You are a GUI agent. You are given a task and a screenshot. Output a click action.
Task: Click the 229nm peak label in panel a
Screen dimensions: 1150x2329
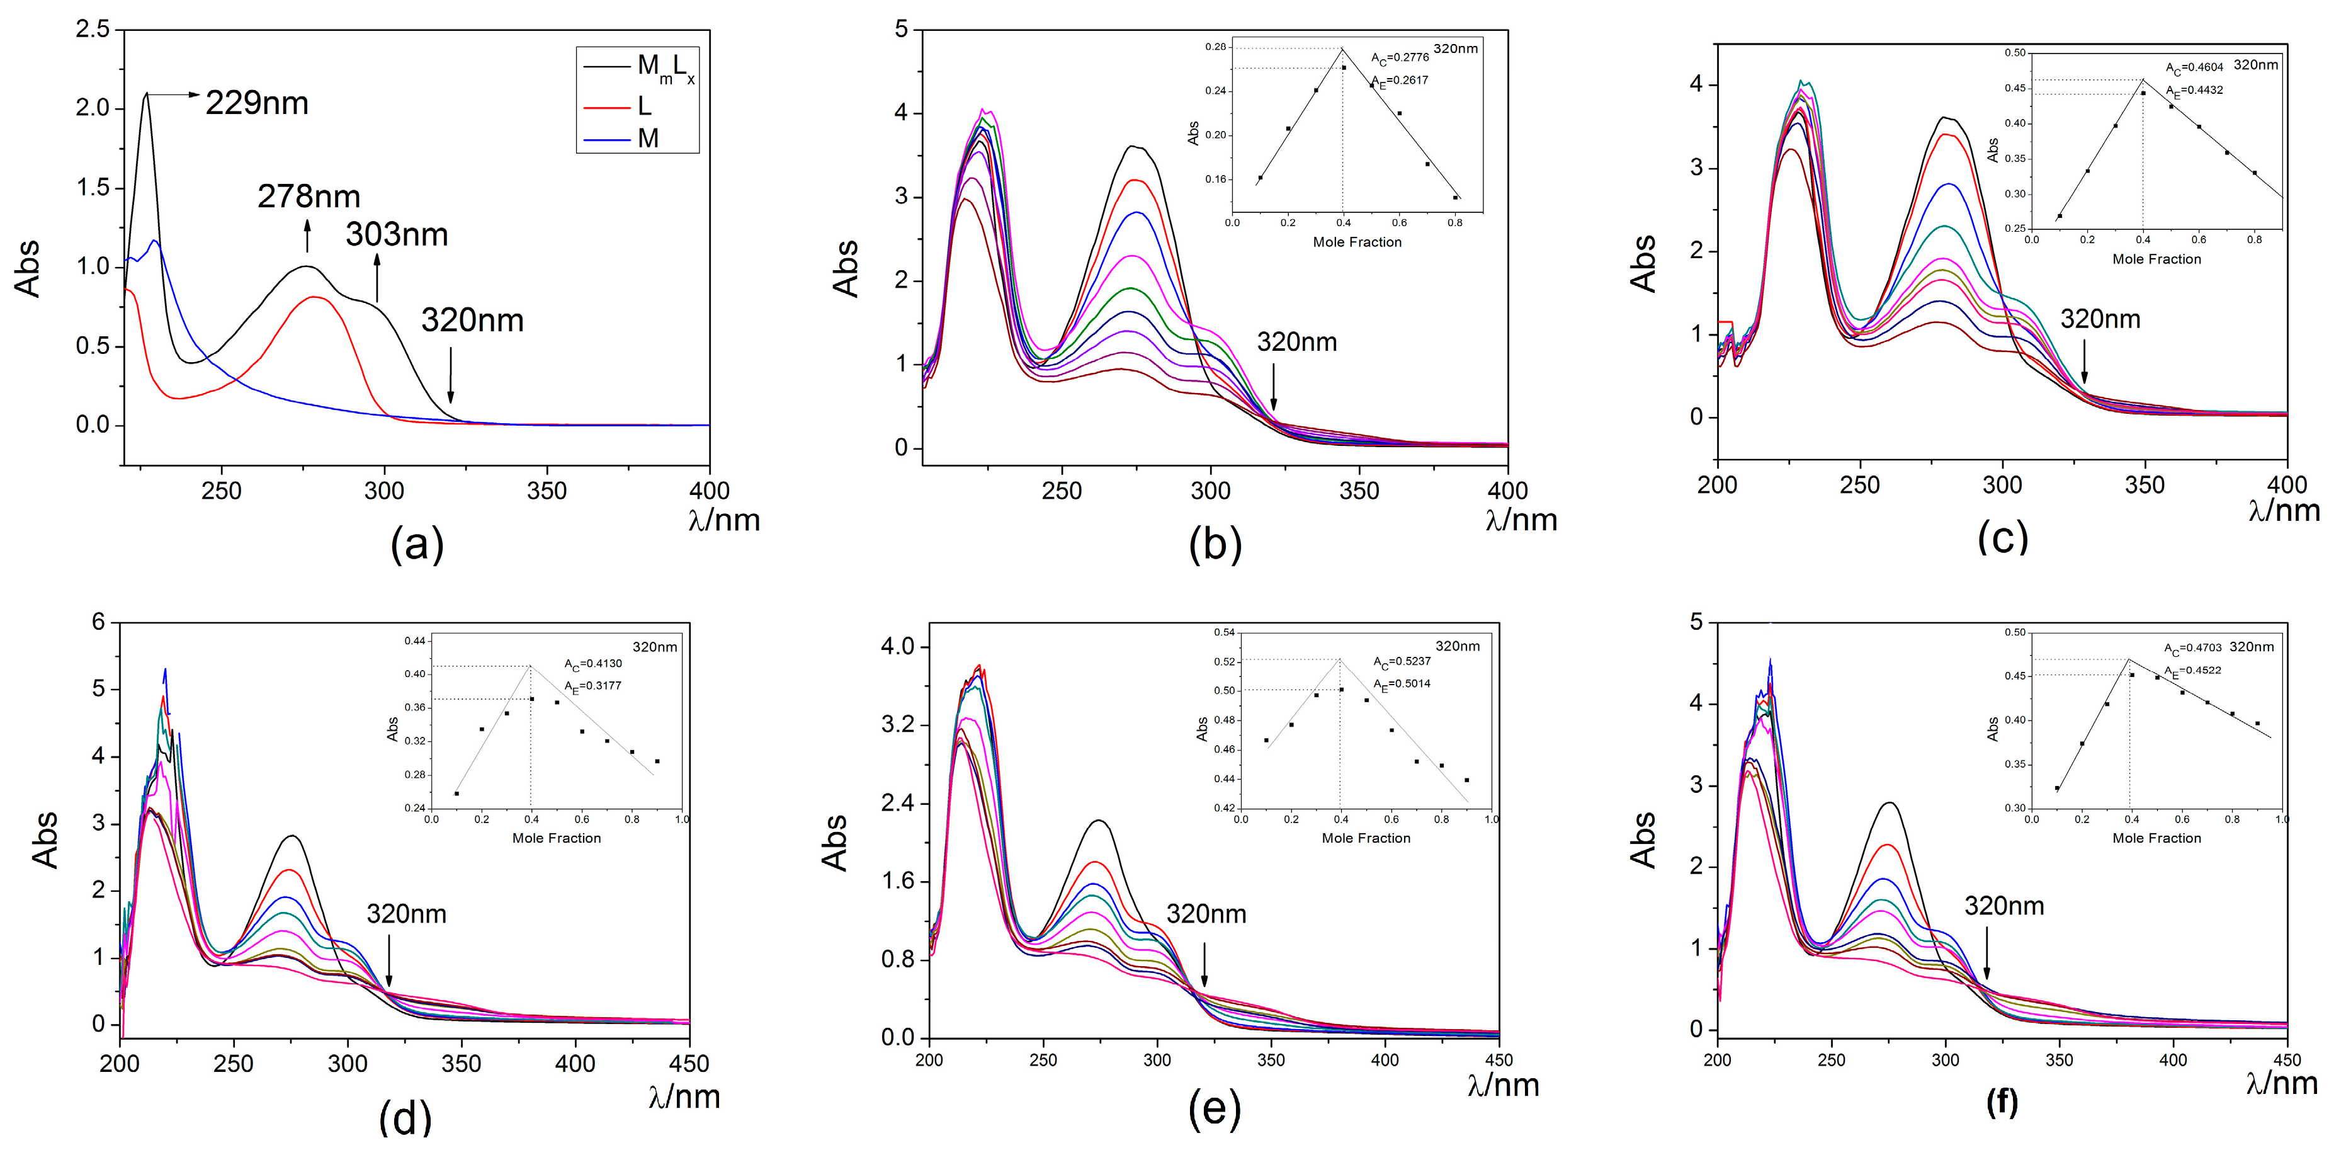(x=257, y=103)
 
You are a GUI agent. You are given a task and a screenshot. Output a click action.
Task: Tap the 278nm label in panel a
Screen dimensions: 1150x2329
(x=309, y=196)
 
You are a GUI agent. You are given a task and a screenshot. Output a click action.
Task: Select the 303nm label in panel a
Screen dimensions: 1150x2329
(x=396, y=234)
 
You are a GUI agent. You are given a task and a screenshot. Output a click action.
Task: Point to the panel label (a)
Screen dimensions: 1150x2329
(x=417, y=544)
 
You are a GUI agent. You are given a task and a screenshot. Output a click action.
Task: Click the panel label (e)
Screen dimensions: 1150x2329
(x=1214, y=1109)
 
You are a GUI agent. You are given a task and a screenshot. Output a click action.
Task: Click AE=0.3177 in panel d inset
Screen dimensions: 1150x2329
(x=593, y=686)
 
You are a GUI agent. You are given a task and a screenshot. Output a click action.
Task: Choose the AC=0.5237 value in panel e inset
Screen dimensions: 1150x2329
(x=1402, y=662)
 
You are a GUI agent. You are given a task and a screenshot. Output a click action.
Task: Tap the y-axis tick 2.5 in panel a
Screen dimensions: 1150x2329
(x=92, y=30)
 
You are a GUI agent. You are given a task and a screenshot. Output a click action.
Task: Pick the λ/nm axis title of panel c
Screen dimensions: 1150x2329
(x=2284, y=511)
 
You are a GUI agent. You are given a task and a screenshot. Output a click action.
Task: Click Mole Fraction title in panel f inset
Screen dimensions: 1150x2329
(x=2156, y=838)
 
